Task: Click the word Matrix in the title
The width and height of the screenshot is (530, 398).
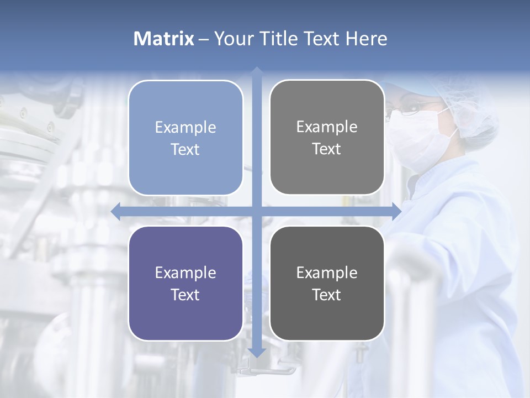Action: pos(164,39)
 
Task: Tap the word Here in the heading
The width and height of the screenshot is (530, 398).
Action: pos(366,39)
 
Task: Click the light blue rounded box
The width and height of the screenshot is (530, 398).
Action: pos(185,138)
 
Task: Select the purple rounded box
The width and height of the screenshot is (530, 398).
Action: pos(185,284)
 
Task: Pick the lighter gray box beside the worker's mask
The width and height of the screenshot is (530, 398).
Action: pos(327,138)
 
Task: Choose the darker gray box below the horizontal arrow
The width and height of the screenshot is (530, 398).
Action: pos(327,284)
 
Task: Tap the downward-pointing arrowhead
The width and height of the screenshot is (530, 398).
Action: pos(257,352)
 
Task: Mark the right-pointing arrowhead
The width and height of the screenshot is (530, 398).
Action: pos(396,212)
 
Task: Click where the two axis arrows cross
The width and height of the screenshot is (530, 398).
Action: pos(257,212)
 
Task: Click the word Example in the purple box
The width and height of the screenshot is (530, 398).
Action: pos(185,273)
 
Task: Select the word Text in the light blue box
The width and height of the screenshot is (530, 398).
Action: pos(185,149)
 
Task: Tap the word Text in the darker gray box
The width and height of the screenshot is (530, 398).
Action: pos(327,295)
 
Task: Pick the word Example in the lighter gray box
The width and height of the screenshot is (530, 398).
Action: pos(327,127)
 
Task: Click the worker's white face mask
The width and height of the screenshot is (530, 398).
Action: pos(420,138)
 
